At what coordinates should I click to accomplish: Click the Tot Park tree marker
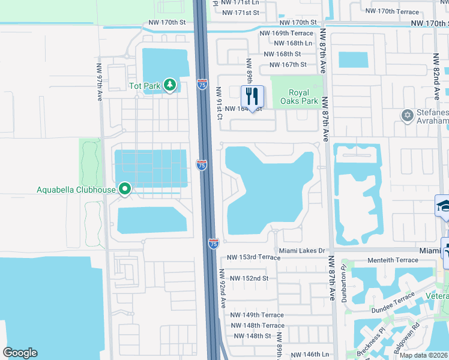(170, 86)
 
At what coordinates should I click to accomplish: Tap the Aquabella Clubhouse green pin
(125, 190)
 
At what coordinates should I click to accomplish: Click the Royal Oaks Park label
(299, 97)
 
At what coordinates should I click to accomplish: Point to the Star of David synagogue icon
(407, 115)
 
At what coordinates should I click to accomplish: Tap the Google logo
(20, 353)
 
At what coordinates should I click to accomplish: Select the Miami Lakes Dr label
(302, 250)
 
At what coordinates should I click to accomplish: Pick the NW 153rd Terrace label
(253, 257)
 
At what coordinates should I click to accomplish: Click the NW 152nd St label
(247, 278)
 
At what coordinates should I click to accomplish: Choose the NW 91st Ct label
(219, 103)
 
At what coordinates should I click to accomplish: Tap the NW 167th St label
(288, 65)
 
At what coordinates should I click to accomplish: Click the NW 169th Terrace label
(286, 34)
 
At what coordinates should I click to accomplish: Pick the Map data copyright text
(424, 355)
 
